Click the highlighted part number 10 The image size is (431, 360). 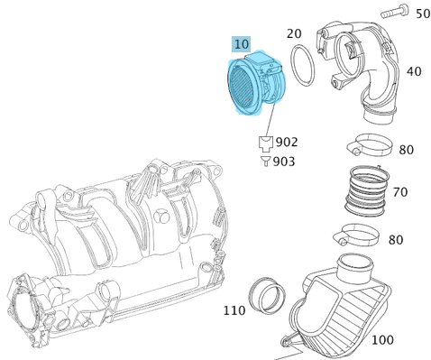242,44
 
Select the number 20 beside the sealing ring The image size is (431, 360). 294,33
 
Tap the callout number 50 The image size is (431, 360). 423,14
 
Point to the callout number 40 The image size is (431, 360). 414,71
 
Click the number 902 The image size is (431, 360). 287,142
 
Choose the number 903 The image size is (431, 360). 284,162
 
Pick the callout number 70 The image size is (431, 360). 400,192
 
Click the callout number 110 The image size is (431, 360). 234,310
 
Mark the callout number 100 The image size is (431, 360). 382,340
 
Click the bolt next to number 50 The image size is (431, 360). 395,11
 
